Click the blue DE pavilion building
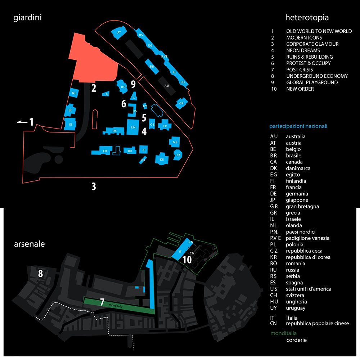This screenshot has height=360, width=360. (162, 159)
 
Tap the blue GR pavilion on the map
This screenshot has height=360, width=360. (181, 104)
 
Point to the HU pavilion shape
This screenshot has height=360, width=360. (123, 87)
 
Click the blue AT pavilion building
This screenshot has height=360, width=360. (118, 32)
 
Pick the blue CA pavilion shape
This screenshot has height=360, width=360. (178, 155)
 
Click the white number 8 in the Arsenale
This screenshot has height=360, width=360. (40, 274)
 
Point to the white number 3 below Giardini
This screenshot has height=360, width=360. (94, 186)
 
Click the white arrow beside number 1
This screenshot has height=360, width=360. (22, 123)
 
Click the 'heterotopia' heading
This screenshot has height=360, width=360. (307, 17)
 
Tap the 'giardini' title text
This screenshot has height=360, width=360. (28, 17)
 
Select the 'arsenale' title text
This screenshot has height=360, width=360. (29, 244)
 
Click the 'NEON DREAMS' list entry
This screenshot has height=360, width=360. (303, 50)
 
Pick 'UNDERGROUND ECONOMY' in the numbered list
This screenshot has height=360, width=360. (317, 76)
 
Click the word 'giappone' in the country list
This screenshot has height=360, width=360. (297, 200)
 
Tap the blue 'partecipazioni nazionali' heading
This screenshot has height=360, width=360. (298, 126)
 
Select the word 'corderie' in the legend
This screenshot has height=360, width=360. (297, 340)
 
